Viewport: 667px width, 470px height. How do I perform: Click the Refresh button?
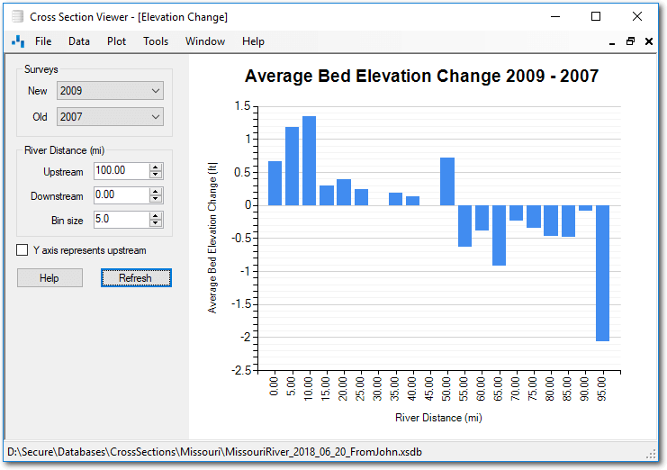[136, 278]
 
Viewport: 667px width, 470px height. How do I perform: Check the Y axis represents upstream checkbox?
[23, 250]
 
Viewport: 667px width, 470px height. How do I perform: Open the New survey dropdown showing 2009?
[110, 91]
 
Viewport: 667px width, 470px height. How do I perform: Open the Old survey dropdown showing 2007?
[110, 117]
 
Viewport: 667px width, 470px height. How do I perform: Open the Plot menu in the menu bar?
[116, 41]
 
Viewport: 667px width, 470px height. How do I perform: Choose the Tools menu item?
[156, 41]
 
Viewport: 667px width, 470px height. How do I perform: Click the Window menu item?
[205, 41]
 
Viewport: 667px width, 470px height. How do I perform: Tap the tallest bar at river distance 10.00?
[309, 160]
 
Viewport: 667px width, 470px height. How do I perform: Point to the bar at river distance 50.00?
[447, 181]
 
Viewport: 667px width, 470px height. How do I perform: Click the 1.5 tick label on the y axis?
[241, 105]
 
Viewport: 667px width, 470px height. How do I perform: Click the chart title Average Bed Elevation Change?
[421, 77]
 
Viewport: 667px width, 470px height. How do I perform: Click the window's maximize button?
[595, 16]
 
